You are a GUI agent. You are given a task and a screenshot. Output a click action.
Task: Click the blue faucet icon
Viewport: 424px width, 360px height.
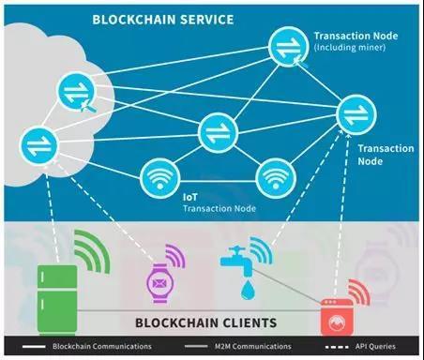(x=235, y=263)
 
